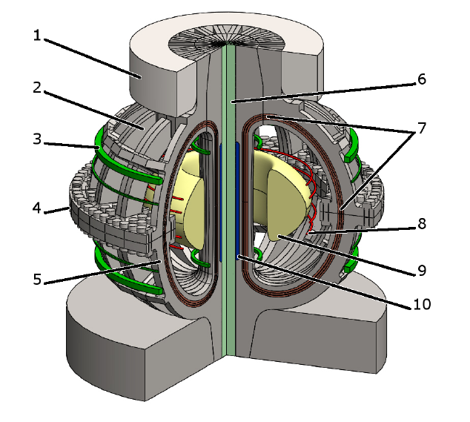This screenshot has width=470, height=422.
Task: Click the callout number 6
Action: tap(421, 79)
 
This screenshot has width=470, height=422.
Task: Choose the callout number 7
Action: tap(421, 127)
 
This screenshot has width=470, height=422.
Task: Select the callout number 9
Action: tap(421, 270)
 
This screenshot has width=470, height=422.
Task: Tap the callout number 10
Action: tap(421, 303)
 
